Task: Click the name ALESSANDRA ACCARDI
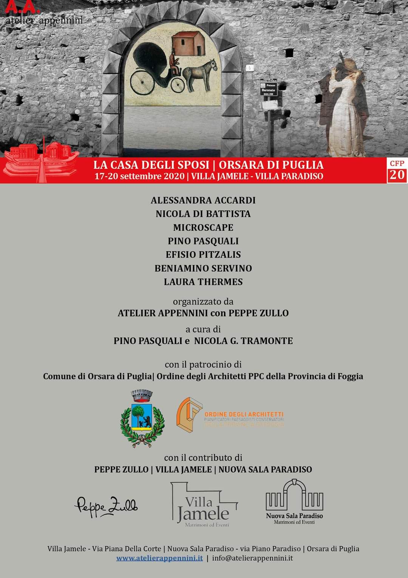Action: pos(203,200)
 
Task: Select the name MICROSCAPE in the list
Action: pos(203,227)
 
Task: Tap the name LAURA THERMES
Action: pos(203,282)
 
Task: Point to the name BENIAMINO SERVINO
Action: pos(203,268)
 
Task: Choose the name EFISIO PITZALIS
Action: pos(203,255)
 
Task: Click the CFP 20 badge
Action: pos(397,171)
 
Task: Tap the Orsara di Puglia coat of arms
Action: pos(142,418)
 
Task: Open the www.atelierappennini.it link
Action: pos(159,558)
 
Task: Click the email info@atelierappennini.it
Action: pos(252,558)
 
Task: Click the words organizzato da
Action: pos(203,301)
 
